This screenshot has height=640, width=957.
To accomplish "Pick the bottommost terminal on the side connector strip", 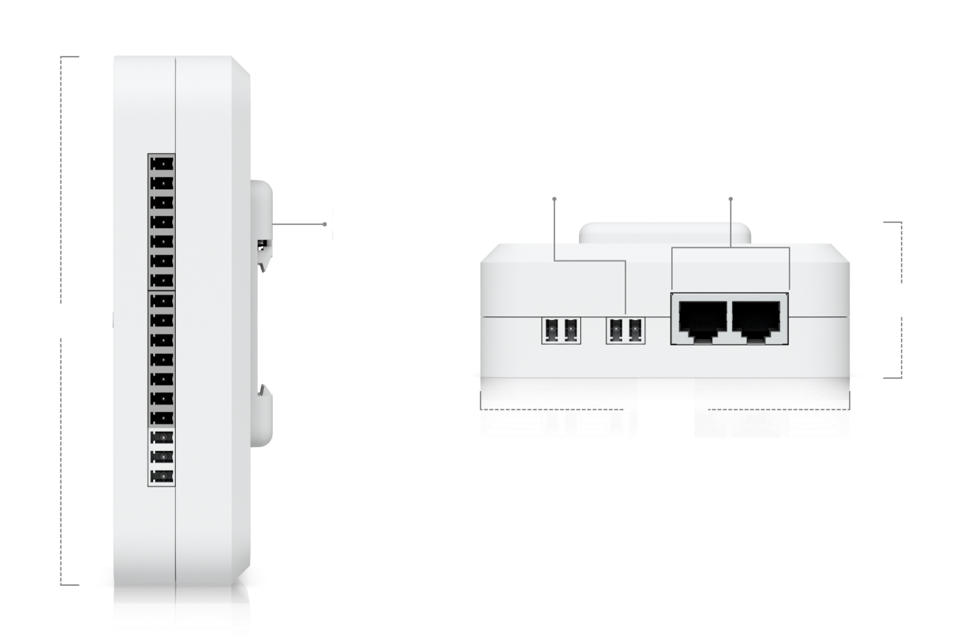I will pyautogui.click(x=162, y=476).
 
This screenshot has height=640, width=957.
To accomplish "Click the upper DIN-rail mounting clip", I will pyautogui.click(x=262, y=205).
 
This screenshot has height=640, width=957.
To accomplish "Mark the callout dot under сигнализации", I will pyautogui.click(x=555, y=199).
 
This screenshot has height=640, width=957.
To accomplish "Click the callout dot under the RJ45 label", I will pyautogui.click(x=731, y=199).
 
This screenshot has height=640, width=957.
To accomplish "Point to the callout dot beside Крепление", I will pyautogui.click(x=324, y=224).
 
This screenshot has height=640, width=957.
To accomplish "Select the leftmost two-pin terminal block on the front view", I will pyautogui.click(x=561, y=330).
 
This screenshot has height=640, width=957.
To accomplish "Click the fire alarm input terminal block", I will pyautogui.click(x=625, y=330).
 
